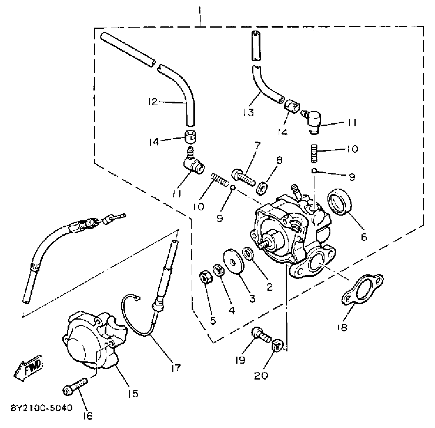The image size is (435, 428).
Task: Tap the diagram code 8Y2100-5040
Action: click(42, 408)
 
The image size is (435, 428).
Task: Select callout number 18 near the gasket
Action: click(343, 327)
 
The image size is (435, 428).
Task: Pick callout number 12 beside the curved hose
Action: click(153, 102)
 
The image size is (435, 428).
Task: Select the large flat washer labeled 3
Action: click(234, 261)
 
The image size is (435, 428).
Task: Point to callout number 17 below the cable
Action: click(176, 368)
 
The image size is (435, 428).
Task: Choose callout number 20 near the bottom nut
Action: click(261, 376)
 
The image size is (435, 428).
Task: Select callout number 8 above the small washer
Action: click(279, 160)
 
